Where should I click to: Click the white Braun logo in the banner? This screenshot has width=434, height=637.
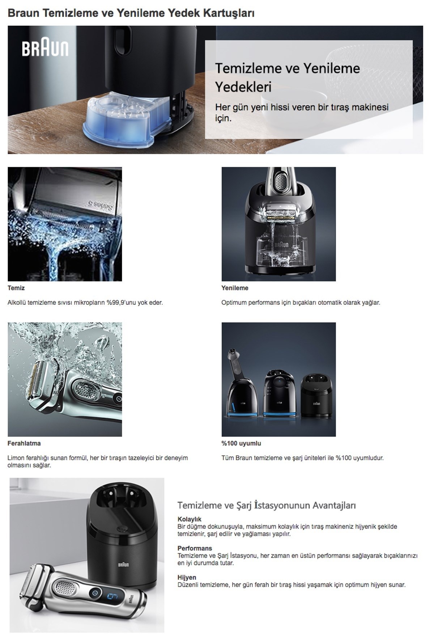point(45,48)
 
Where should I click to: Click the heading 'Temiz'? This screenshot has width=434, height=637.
point(16,288)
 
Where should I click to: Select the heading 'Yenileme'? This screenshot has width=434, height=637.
point(235,288)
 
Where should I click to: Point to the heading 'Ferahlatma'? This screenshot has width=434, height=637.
point(24,443)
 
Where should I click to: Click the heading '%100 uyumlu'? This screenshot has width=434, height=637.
point(241,443)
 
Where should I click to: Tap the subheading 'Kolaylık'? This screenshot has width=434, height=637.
point(189,519)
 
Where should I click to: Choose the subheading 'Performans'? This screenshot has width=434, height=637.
point(195,548)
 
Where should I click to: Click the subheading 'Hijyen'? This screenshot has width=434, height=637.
point(187,577)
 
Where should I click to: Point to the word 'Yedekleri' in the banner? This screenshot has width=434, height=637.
point(243,87)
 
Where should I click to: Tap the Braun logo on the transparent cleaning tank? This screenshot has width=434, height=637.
point(281,245)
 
